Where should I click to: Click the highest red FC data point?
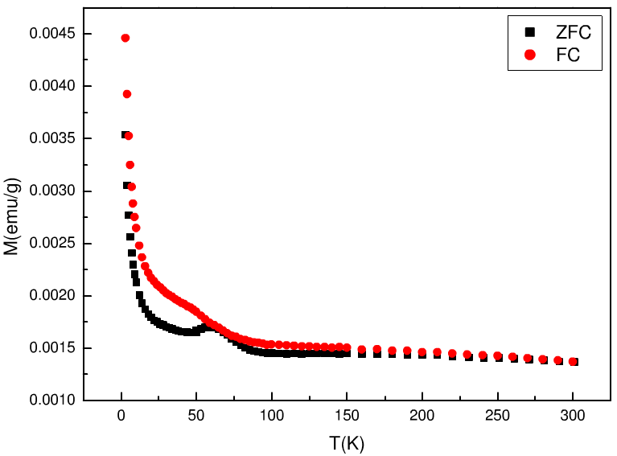click(x=125, y=38)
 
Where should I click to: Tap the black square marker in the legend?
click(x=529, y=32)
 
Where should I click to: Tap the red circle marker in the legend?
click(x=529, y=55)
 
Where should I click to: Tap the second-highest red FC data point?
click(x=127, y=94)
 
